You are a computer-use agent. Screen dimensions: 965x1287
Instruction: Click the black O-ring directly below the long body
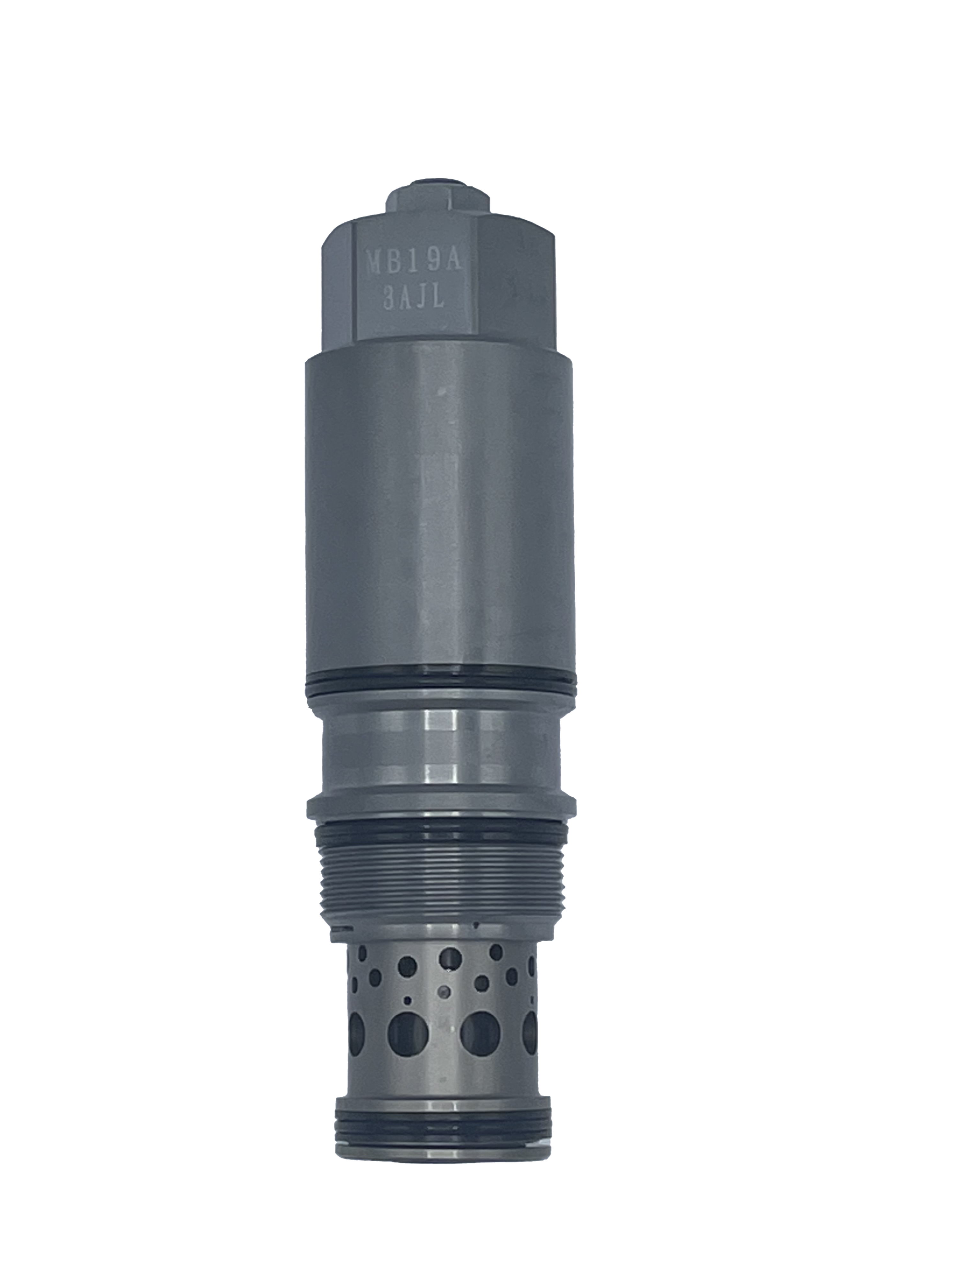441,681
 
